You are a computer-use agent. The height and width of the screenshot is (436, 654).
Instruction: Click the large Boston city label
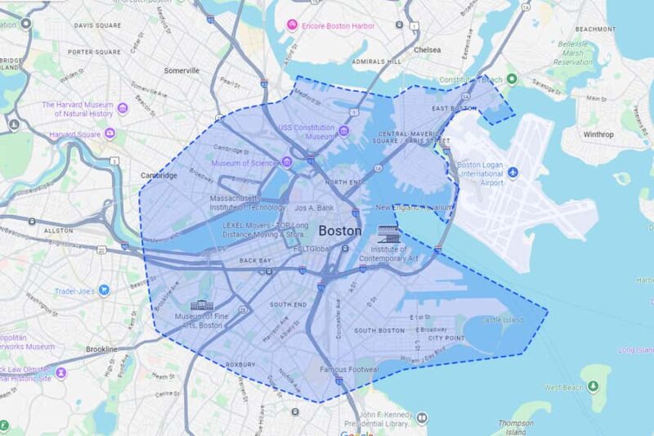pyautogui.click(x=339, y=231)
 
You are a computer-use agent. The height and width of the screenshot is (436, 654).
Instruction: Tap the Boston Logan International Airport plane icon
pyautogui.click(x=513, y=173)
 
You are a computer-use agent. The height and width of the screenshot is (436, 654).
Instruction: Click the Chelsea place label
pyautogui.click(x=427, y=50)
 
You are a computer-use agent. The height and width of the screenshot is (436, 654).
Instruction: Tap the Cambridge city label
pyautogui.click(x=159, y=175)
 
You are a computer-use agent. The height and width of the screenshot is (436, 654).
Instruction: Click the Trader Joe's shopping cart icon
pyautogui.click(x=105, y=290)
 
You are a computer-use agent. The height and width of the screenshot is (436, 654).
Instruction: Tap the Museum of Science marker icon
pyautogui.click(x=286, y=161)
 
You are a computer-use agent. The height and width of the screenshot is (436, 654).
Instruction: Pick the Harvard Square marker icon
pyautogui.click(x=110, y=133)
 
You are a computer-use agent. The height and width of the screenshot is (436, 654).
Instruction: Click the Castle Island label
pyautogui.click(x=502, y=320)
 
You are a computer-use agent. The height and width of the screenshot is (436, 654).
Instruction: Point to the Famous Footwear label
pyautogui.click(x=349, y=371)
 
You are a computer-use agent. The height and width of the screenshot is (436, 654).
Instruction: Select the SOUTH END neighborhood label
pyautogui.click(x=289, y=304)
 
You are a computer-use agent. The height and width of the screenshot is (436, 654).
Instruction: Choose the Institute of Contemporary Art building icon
pyautogui.click(x=390, y=236)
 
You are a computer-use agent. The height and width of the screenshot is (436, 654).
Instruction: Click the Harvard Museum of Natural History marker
pyautogui.click(x=123, y=108)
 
